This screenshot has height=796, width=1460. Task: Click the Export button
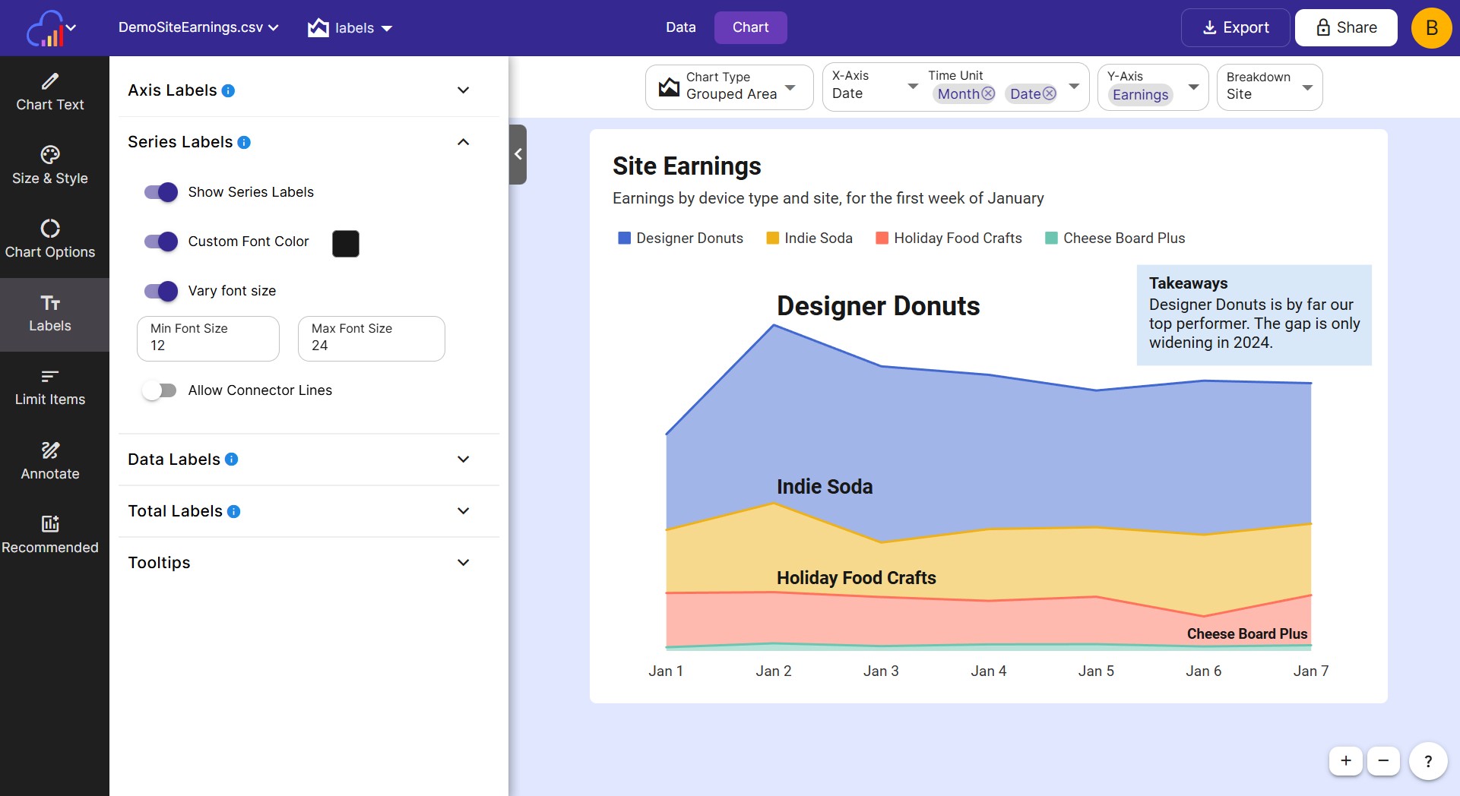1235,28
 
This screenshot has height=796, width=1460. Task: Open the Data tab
680,27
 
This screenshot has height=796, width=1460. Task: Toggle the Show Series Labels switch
161,192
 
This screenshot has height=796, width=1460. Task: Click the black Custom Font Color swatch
346,243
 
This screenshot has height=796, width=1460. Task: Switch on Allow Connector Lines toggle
160,390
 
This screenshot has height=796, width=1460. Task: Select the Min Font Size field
208,339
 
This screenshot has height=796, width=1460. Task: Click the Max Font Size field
371,339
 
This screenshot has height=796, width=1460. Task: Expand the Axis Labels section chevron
463,90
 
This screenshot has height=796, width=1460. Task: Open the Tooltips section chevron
463,563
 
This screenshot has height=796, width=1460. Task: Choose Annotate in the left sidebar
50,461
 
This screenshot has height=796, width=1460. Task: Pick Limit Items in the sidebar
50,387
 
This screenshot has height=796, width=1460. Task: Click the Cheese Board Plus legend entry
1115,238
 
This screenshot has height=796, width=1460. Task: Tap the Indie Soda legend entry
809,238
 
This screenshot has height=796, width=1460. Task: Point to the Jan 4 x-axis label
988,671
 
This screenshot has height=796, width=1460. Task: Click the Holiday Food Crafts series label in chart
856,578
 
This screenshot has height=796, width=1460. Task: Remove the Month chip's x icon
988,93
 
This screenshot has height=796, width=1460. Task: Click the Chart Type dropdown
729,87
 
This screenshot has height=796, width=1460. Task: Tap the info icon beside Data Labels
232,460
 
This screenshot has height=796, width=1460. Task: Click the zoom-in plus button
1345,760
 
